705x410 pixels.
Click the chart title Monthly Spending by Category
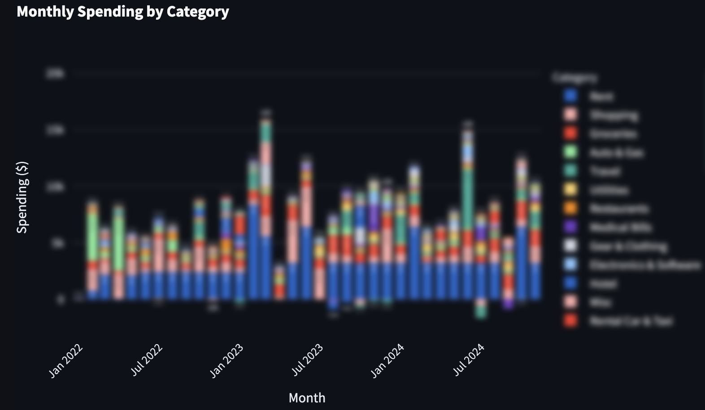pyautogui.click(x=122, y=11)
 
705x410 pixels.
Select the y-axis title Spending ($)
pyautogui.click(x=22, y=197)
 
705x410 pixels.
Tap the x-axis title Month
pyautogui.click(x=307, y=397)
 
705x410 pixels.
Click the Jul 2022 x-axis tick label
pyautogui.click(x=147, y=360)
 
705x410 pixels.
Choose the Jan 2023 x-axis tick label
pyautogui.click(x=227, y=361)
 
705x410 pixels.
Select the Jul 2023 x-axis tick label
pyautogui.click(x=308, y=360)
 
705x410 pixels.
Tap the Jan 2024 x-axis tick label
pyautogui.click(x=388, y=361)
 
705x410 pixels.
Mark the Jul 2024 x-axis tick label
pyautogui.click(x=469, y=360)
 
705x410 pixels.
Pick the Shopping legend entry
pyautogui.click(x=614, y=115)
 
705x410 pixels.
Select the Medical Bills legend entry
pyautogui.click(x=620, y=227)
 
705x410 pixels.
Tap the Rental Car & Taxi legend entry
pyautogui.click(x=631, y=321)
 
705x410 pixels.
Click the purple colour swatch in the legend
pyautogui.click(x=570, y=227)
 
